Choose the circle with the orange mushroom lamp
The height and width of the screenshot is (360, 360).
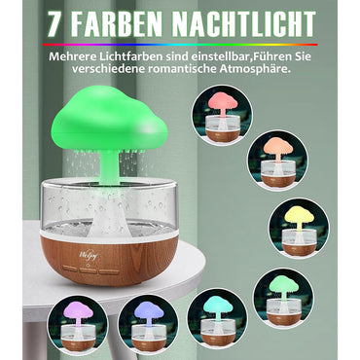[277, 161]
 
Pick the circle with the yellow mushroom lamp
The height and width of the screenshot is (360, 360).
[298, 227]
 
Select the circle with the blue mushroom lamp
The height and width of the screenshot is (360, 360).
[147, 325]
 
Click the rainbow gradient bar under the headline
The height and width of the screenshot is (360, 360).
[179, 43]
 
